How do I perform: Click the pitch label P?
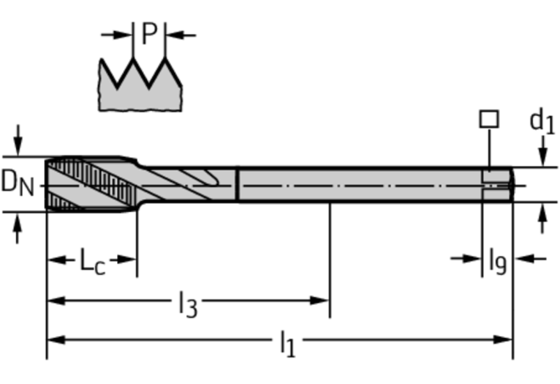(150, 33)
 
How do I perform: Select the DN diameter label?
(18, 183)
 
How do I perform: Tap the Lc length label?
(92, 261)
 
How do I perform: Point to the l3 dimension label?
(187, 304)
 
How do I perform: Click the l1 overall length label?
(288, 343)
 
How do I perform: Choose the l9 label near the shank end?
(497, 261)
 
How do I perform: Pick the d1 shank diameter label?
(542, 120)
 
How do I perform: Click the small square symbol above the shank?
(489, 119)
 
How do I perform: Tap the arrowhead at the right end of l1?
(503, 340)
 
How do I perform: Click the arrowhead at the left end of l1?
(56, 340)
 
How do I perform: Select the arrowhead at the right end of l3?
(319, 301)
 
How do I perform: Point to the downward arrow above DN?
(18, 140)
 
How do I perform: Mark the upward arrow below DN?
(18, 228)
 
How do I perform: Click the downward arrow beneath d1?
(542, 151)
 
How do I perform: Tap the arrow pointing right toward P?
(117, 35)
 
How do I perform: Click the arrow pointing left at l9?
(530, 259)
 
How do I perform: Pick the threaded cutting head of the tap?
(92, 184)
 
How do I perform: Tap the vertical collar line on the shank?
(237, 184)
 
